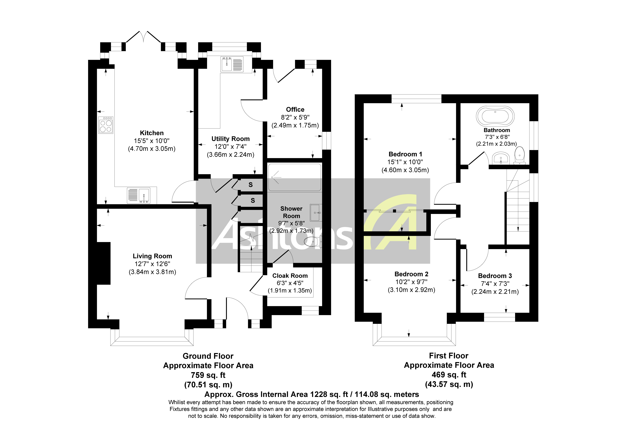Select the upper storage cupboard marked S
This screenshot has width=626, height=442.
251,185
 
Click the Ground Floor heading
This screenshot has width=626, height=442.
208,356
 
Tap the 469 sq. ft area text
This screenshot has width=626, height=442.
449,375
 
